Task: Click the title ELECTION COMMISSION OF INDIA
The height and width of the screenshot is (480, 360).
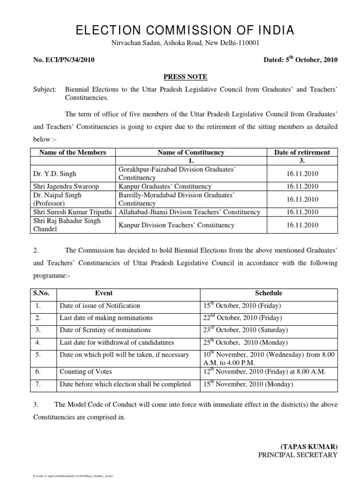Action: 180,31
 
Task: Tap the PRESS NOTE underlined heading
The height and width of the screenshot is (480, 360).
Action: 180,76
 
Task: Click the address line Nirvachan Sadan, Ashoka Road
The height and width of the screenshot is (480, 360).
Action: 180,44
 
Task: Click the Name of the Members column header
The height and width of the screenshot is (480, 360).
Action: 73,152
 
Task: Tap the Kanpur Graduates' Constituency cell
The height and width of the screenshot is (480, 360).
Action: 162,187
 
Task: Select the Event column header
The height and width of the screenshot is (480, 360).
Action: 104,293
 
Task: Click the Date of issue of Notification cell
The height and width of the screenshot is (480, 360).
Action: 100,306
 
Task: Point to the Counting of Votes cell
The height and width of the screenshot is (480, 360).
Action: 86,372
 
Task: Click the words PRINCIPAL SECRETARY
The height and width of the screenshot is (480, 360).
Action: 298,455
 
